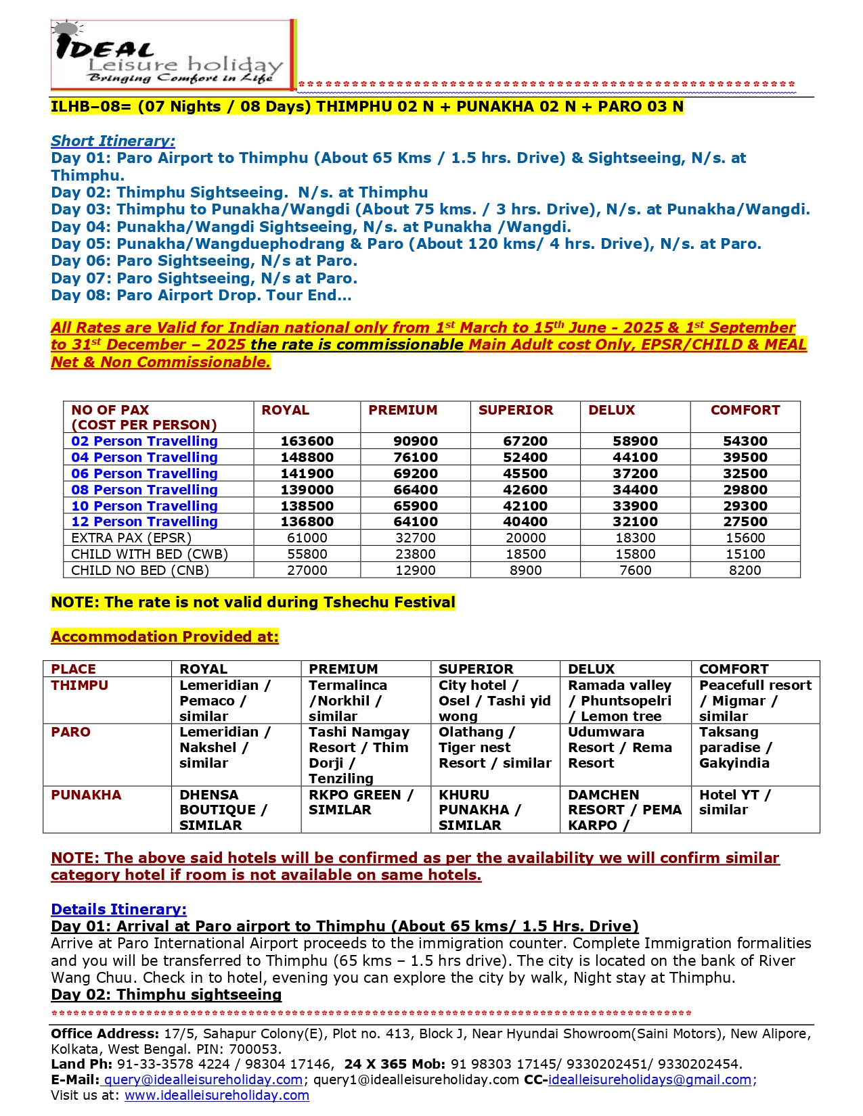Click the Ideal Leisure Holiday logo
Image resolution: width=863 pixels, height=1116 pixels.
coord(173,55)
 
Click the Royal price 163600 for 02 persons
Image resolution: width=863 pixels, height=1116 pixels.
coord(307,441)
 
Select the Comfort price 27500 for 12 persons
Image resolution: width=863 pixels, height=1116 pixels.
coord(745,521)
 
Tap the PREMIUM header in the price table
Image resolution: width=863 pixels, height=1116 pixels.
coord(403,410)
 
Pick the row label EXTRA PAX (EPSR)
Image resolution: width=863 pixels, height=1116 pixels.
coord(131,538)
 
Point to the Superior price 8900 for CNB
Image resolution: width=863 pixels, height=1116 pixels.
coord(525,570)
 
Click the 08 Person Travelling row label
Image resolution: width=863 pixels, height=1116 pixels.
coord(144,490)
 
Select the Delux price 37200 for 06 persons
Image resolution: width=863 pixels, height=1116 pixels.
coord(635,473)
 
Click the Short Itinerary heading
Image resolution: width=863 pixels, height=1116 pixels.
coord(113,141)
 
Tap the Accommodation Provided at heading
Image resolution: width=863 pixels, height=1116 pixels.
coord(164,636)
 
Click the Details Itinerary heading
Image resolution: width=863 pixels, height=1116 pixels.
coord(118,909)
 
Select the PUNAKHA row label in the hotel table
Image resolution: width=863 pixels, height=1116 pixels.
coord(86,795)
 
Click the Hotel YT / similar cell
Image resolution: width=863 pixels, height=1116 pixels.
coord(734,802)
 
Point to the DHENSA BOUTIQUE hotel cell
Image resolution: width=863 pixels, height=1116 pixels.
coord(223,810)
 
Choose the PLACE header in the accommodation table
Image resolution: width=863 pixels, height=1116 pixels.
coord(73,669)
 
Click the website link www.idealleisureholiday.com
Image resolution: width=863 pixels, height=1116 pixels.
coord(217,1095)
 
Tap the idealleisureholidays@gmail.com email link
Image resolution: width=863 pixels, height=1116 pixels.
coord(649,1079)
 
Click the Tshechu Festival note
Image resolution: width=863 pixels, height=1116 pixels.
coord(253,602)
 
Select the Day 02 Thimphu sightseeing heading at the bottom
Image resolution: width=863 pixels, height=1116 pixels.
coord(166,994)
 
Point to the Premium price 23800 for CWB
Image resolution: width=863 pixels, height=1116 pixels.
coord(415,554)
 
